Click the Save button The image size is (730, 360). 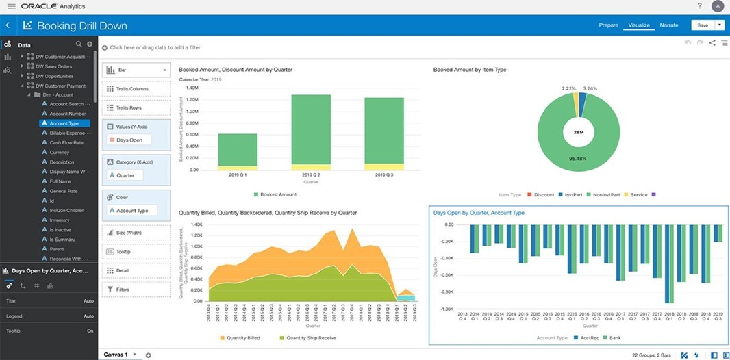tap(703, 25)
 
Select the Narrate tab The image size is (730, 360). tap(668, 25)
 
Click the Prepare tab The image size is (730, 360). tap(608, 25)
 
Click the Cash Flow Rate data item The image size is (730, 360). tap(66, 143)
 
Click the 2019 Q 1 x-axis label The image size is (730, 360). tap(238, 175)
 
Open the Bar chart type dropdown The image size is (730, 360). tap(136, 70)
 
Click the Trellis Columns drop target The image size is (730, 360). tap(136, 89)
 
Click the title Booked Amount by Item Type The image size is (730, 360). tap(470, 70)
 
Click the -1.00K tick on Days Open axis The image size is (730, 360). tap(446, 309)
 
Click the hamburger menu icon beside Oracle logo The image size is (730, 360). tap(11, 6)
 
